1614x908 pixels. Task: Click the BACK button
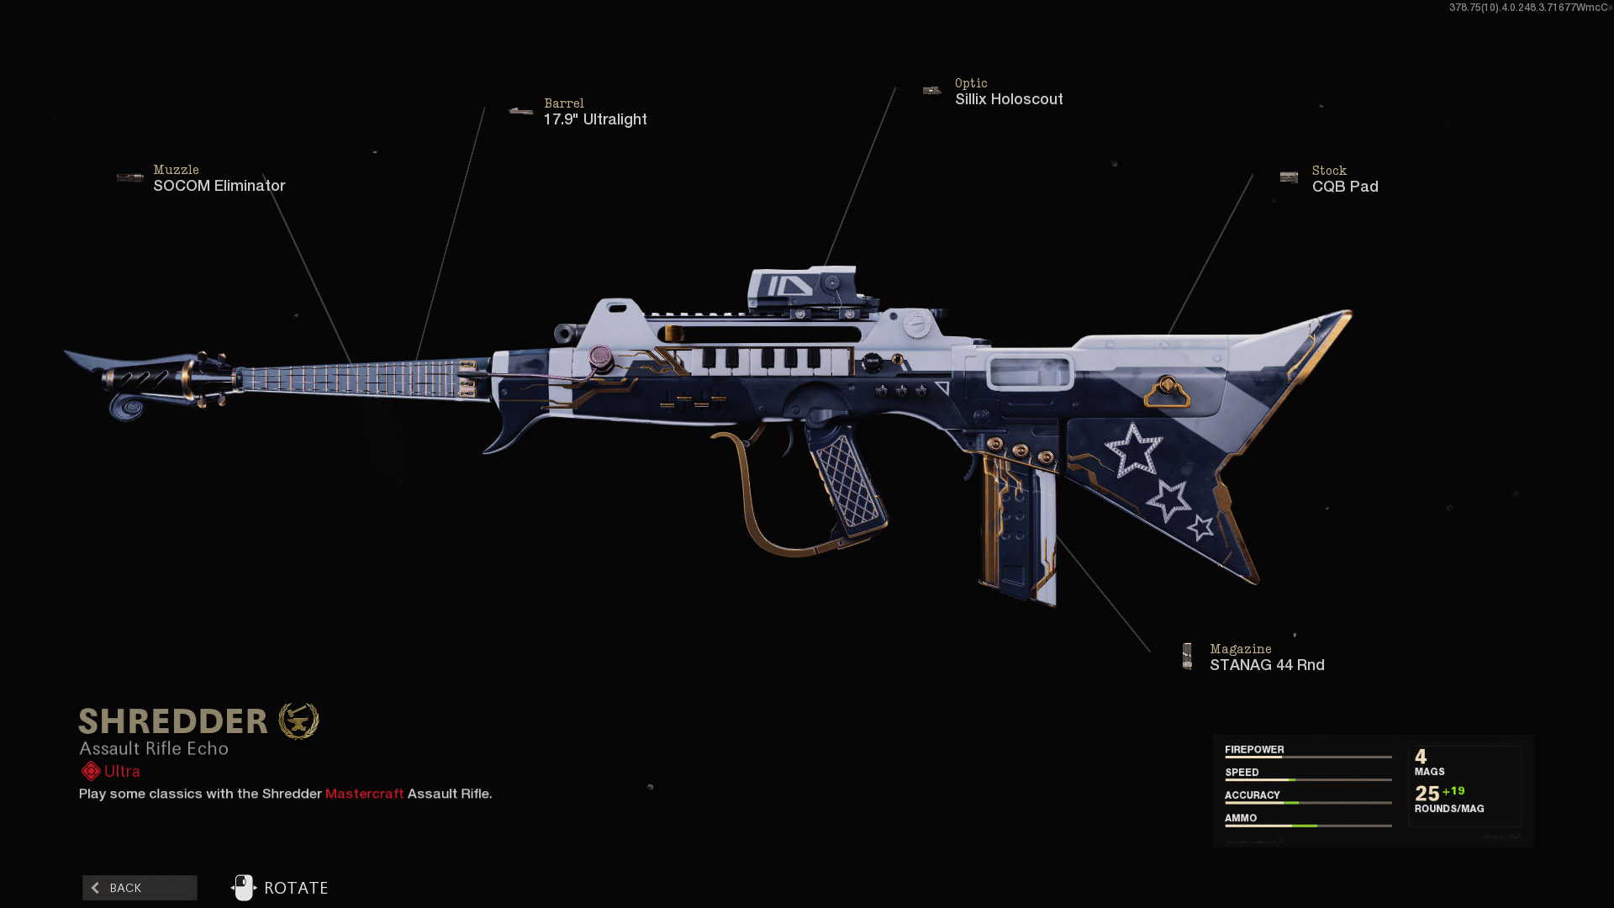coord(140,888)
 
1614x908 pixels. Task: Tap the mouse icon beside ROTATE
coord(244,888)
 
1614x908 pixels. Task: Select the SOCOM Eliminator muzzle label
coord(219,186)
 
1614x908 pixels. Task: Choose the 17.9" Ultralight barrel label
coord(595,119)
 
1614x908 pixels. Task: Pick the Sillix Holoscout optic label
coord(1009,99)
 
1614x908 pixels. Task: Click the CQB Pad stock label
coord(1345,187)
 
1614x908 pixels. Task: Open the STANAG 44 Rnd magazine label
coord(1267,665)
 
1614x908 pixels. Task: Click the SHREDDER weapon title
coord(173,721)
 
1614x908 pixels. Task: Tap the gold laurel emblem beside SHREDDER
coord(298,721)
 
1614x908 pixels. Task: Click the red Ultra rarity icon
coord(91,771)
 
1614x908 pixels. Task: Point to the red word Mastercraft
coord(364,794)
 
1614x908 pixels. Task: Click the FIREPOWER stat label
coord(1254,750)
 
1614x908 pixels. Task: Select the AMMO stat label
coord(1241,818)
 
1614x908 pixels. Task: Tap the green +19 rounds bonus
coord(1453,791)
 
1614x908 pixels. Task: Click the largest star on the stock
coord(1133,451)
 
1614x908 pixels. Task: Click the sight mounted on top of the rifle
coord(803,289)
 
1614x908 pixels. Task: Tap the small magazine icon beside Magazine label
coord(1187,656)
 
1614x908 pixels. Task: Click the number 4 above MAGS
coord(1421,757)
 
